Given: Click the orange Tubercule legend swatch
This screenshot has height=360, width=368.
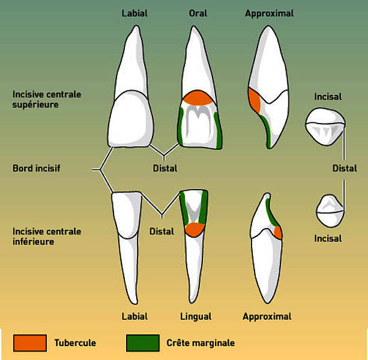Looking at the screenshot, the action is click(30, 343).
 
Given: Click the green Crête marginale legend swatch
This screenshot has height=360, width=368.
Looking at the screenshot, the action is click(143, 343).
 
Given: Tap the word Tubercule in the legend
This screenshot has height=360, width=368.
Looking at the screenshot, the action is click(75, 343).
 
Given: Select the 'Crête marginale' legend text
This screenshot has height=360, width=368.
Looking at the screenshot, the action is click(201, 343).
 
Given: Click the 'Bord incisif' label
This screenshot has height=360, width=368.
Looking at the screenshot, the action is click(37, 168).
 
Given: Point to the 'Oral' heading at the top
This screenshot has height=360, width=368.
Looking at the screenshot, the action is click(198, 13).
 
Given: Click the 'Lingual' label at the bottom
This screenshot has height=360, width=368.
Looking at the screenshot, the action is click(196, 317).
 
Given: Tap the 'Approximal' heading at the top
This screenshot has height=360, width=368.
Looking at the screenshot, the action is click(269, 14).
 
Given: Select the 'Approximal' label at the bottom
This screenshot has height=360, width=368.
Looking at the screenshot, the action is click(267, 317).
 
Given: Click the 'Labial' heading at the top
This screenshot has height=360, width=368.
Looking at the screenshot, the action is click(134, 13).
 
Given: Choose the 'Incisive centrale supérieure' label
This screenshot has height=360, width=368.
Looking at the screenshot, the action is click(47, 100).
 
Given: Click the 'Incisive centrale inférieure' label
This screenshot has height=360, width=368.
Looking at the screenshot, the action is click(47, 236).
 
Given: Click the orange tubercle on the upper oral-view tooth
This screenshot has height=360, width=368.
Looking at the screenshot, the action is click(198, 98).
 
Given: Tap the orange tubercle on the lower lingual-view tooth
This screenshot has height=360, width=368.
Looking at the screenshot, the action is click(195, 230).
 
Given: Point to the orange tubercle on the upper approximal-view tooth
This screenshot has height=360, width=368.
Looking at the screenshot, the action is click(255, 101).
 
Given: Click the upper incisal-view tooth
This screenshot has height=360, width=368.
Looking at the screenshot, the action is click(325, 127).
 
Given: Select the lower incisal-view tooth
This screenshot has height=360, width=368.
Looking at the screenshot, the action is click(330, 211).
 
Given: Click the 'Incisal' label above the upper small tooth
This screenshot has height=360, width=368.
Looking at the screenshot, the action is click(328, 97).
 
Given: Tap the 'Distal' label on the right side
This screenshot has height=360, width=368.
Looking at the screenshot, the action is click(345, 168).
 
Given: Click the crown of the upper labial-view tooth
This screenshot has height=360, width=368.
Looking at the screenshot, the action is click(131, 119).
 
